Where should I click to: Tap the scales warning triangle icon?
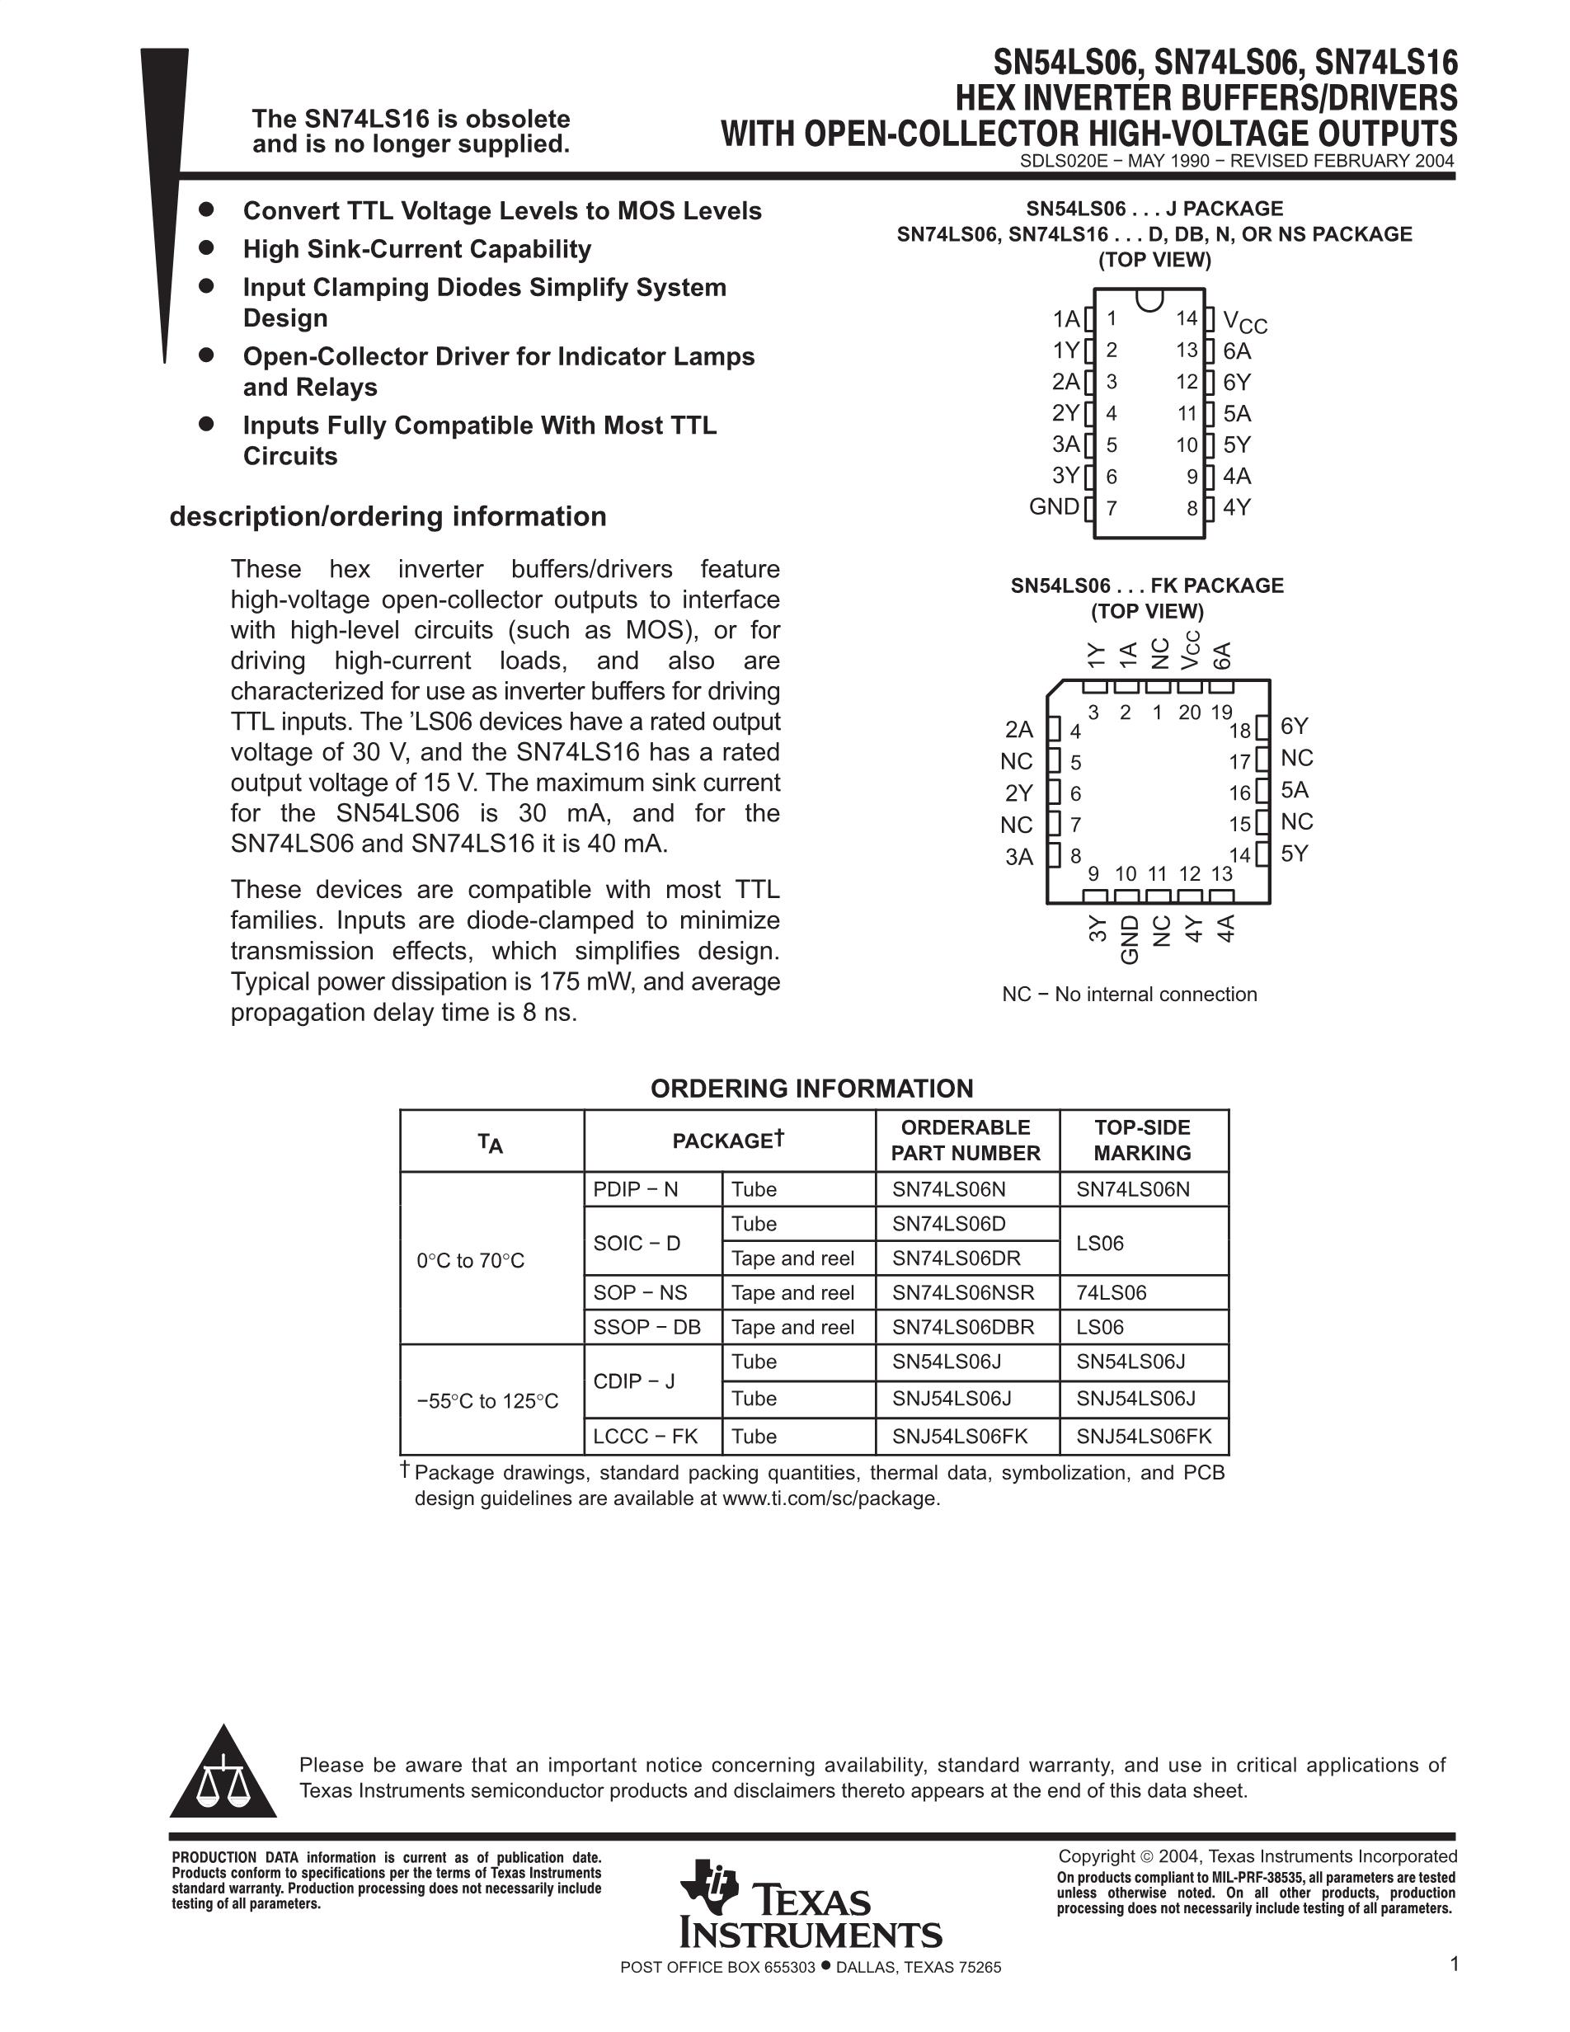tap(223, 1776)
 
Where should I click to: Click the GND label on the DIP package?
tap(1054, 507)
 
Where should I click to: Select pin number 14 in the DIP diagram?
tap(1186, 318)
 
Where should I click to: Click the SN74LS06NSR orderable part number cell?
tap(962, 1292)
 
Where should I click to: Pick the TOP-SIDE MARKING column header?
tap(1142, 1140)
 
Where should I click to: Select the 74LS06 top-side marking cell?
tap(1112, 1292)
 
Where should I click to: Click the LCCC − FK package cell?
tap(646, 1436)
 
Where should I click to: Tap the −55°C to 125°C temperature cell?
tap(487, 1400)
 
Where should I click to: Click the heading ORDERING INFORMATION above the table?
tap(811, 1089)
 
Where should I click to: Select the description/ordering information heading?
tap(388, 516)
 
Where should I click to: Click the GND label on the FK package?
tap(1129, 938)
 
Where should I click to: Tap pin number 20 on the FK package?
tap(1190, 713)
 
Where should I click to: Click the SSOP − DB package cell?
tap(646, 1327)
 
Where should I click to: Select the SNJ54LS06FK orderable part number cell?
tap(960, 1436)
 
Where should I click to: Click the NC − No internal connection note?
tap(1129, 994)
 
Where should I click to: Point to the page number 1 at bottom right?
tap(1454, 1964)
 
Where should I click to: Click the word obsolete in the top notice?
tap(517, 119)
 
